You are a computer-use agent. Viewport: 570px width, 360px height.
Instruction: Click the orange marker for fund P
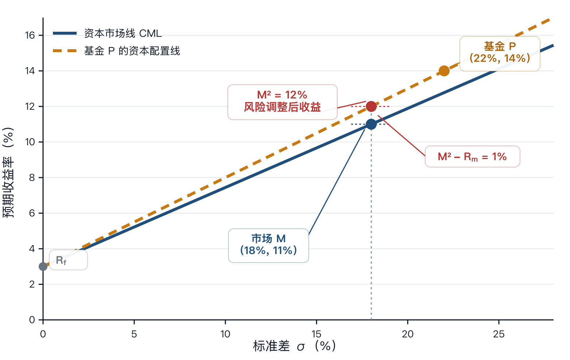(444, 71)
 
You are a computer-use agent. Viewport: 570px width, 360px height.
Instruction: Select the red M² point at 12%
(371, 107)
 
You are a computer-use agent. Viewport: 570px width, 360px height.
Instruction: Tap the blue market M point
(371, 124)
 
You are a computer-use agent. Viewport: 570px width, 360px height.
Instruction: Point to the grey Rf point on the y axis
(43, 267)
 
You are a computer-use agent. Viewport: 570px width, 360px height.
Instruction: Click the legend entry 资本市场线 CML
(107, 33)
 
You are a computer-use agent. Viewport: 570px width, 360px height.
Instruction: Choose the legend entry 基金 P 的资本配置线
(116, 51)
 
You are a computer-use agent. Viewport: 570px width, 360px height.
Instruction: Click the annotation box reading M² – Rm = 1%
(472, 156)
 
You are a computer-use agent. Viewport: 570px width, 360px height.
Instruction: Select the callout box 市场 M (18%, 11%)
(269, 245)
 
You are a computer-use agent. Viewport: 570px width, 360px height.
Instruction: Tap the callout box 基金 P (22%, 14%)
(500, 54)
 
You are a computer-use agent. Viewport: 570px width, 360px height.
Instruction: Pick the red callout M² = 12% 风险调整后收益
(282, 102)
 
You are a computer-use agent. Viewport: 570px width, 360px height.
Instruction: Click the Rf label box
(68, 260)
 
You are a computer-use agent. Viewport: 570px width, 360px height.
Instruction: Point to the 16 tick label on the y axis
(30, 35)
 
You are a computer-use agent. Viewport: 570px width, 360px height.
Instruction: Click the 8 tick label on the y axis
(32, 178)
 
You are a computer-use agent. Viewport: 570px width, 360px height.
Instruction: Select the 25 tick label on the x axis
(499, 334)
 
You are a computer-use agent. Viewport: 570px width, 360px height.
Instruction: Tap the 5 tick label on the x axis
(134, 334)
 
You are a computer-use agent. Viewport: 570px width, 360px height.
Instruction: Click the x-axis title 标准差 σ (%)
(294, 346)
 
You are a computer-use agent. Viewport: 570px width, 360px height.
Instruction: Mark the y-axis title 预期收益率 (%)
(8, 173)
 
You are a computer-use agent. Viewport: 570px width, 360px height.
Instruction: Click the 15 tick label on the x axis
(316, 334)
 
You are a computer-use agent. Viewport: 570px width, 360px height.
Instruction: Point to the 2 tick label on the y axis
(32, 284)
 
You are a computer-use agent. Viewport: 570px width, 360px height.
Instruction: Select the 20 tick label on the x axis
(408, 334)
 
